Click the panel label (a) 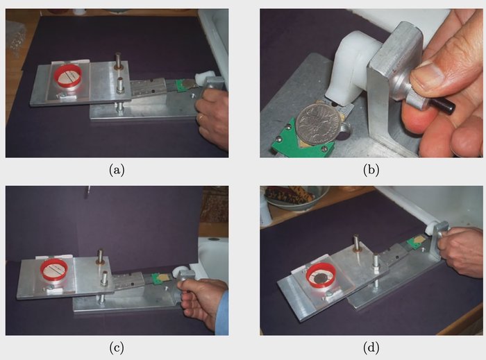[117, 170]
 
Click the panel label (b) [371, 170]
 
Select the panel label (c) [117, 348]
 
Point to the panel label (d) [371, 348]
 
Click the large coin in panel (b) [315, 124]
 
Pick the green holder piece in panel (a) [181, 85]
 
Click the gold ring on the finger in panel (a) [201, 117]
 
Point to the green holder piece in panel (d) [413, 242]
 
